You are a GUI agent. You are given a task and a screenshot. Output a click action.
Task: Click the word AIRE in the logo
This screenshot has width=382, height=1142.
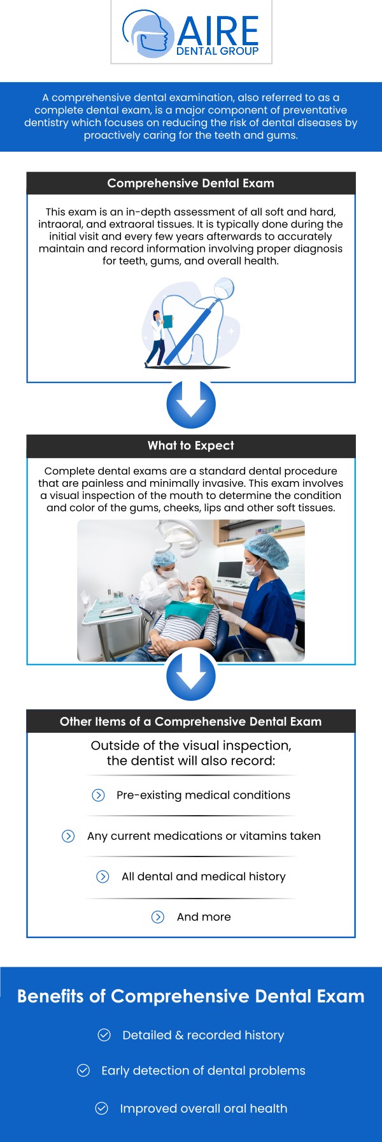click(218, 31)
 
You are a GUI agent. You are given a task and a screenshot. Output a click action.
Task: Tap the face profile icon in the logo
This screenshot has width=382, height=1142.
click(148, 34)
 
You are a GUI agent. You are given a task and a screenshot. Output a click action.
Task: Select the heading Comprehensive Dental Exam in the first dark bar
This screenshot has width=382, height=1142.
click(191, 184)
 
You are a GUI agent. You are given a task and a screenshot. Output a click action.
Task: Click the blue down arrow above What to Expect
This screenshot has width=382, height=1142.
click(191, 404)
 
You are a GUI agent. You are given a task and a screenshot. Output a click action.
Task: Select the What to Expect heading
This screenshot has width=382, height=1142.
click(191, 445)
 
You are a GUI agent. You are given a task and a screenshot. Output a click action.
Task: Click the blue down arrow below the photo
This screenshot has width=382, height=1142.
click(191, 677)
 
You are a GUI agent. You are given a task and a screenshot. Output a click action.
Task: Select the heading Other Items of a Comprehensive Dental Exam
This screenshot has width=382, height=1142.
click(191, 721)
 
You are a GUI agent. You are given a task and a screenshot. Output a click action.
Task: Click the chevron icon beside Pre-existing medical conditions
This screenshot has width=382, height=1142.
click(98, 795)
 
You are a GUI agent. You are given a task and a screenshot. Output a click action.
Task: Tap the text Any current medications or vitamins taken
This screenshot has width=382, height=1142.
click(204, 836)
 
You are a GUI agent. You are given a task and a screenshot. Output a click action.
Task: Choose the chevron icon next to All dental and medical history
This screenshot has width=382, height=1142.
click(103, 877)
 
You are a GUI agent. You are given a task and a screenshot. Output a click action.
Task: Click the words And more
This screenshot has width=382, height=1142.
click(204, 917)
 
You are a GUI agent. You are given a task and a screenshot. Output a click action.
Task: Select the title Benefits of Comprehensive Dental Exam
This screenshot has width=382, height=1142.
click(191, 997)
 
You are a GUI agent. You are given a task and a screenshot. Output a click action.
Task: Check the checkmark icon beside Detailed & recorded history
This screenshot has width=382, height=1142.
click(104, 1035)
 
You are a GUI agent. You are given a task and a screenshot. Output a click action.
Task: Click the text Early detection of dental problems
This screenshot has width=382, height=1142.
click(203, 1071)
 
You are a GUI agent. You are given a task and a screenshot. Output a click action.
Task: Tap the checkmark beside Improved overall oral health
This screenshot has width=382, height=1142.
click(101, 1108)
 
